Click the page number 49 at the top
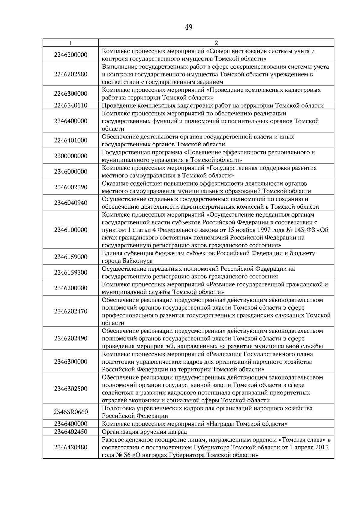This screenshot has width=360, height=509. click(188, 28)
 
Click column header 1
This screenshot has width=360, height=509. click(70, 43)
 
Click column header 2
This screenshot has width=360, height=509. click(216, 43)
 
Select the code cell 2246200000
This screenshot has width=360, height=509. click(71, 55)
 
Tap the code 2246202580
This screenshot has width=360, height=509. click(71, 74)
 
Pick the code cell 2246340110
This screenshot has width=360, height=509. click(71, 106)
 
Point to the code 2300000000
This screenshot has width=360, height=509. click(71, 156)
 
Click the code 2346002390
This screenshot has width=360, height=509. click(71, 187)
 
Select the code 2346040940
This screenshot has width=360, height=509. click(71, 203)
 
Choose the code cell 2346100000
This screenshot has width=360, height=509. click(71, 230)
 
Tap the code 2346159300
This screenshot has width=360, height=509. click(71, 272)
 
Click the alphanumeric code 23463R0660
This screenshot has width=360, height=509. click(71, 412)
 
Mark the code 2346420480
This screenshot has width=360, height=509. click(71, 447)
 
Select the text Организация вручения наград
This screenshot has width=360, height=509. click(144, 432)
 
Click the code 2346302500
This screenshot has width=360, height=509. click(71, 389)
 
